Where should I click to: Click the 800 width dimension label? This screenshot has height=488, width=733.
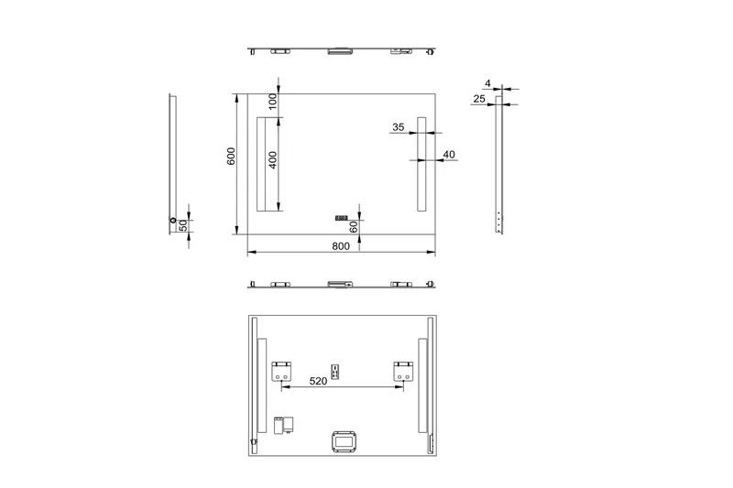(x=340, y=245)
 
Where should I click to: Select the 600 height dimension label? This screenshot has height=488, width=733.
(x=232, y=157)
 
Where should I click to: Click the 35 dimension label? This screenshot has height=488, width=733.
(x=398, y=129)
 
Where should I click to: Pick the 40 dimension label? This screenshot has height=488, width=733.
(x=449, y=155)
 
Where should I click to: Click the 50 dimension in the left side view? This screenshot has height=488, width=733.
(x=182, y=224)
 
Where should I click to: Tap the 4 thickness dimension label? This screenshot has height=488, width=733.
(x=487, y=83)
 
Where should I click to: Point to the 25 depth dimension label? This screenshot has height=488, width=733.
(x=479, y=98)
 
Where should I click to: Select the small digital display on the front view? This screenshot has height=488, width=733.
(x=341, y=219)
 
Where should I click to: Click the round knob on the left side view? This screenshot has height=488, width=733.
(x=172, y=220)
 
